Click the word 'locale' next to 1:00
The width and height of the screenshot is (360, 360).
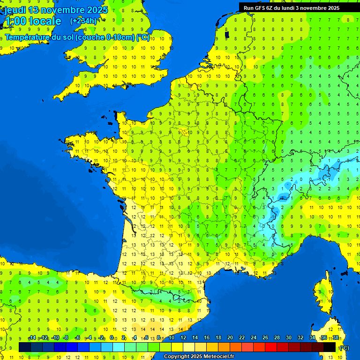click(x=45, y=21)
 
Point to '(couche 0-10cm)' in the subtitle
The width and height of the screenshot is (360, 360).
click(x=105, y=37)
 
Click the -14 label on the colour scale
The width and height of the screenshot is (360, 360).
click(x=32, y=338)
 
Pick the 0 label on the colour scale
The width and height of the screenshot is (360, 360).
click(x=112, y=338)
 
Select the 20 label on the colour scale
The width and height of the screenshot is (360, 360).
click(x=230, y=338)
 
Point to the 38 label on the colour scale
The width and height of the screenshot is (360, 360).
click(x=335, y=338)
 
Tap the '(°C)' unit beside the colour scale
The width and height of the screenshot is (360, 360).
click(x=344, y=347)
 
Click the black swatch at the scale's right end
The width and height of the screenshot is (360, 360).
click(x=330, y=347)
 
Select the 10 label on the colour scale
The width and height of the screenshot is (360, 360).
click(x=171, y=338)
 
